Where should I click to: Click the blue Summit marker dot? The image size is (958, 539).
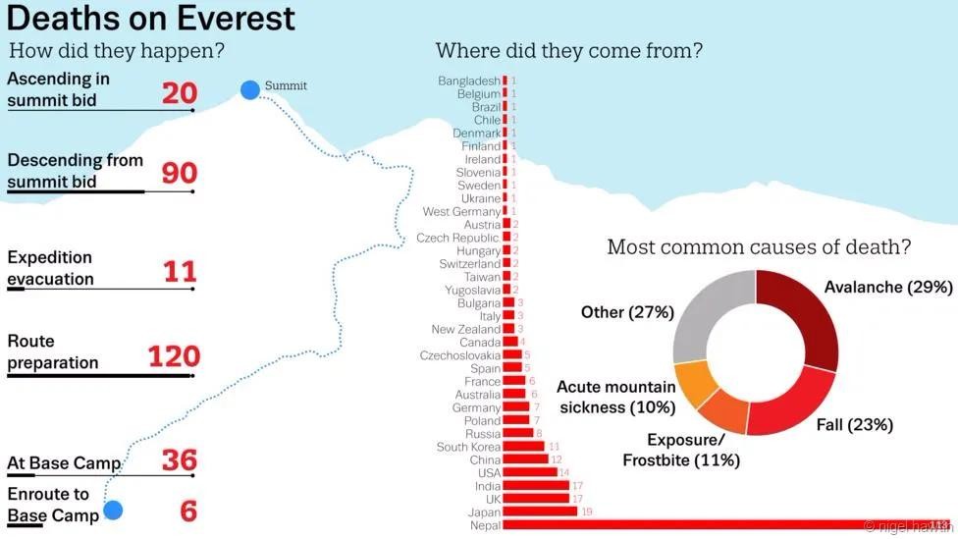(250, 90)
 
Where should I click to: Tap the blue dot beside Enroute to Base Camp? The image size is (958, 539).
(113, 510)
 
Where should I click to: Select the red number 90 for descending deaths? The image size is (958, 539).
(180, 173)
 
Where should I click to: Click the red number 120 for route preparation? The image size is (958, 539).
(174, 355)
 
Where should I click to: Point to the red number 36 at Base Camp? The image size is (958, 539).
(180, 459)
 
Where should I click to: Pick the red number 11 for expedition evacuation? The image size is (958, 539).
(180, 271)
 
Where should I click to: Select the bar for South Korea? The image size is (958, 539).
(524, 447)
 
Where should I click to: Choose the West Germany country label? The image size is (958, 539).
(461, 211)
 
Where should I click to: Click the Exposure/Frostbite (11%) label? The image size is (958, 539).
(681, 450)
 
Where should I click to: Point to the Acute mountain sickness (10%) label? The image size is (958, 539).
(615, 398)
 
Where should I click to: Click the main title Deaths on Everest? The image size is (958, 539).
(150, 18)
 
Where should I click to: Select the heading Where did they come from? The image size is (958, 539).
(568, 50)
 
